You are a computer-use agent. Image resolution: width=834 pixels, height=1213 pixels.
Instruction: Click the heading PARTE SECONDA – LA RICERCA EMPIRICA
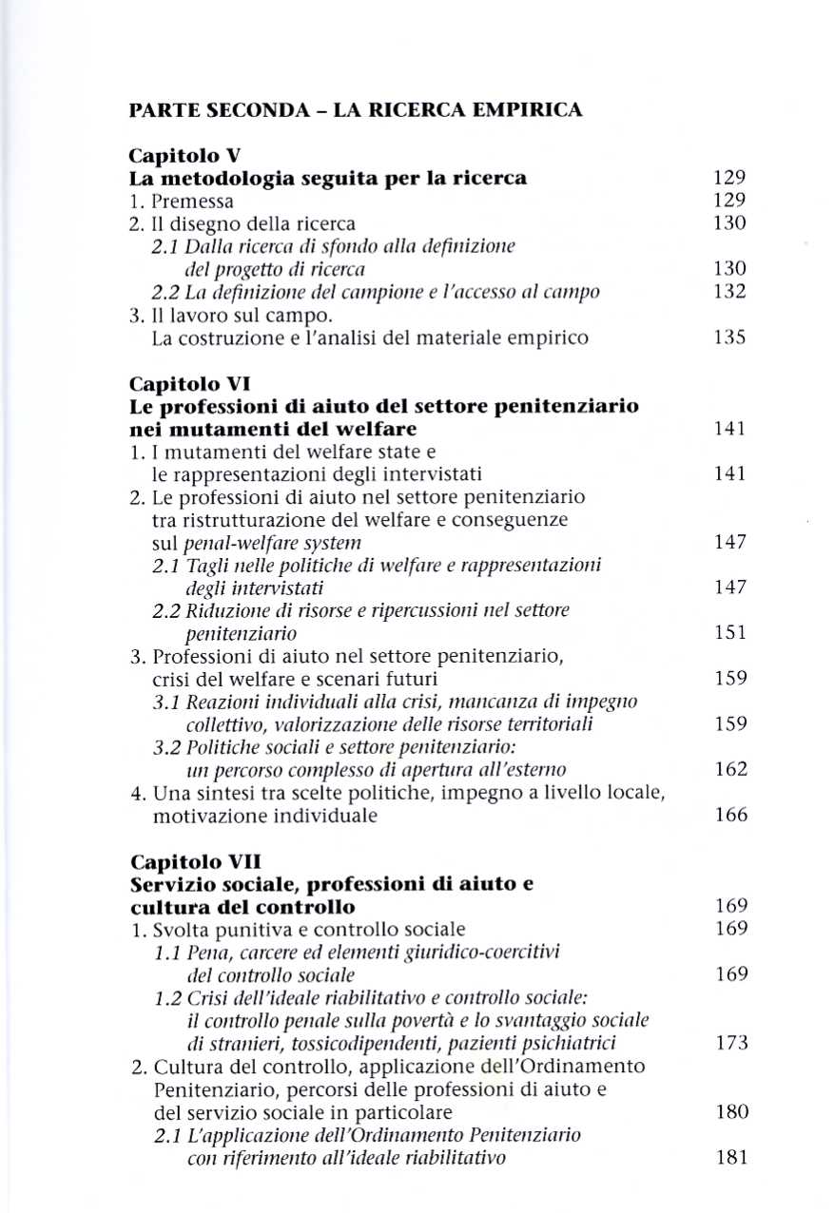click(x=355, y=110)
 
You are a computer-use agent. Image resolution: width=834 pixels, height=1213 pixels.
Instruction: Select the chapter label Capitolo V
click(x=175, y=156)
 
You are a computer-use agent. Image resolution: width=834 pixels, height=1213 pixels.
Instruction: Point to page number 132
click(x=729, y=292)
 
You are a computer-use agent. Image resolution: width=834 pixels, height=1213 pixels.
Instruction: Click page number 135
click(x=729, y=337)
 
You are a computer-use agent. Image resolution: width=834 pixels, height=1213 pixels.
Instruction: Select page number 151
click(x=729, y=632)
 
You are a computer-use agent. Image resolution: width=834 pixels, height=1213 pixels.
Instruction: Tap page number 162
click(x=729, y=769)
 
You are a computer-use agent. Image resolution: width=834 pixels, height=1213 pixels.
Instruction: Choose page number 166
click(x=729, y=815)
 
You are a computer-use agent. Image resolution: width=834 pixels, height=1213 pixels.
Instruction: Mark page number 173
click(x=729, y=1043)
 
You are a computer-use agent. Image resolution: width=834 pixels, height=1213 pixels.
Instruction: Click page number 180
click(x=729, y=1111)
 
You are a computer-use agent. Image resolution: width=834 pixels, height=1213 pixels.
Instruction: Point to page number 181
click(x=729, y=1157)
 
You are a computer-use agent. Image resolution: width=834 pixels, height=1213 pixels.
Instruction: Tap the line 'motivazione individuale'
click(x=264, y=815)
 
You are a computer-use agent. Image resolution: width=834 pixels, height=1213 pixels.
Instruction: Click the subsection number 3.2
click(x=166, y=746)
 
